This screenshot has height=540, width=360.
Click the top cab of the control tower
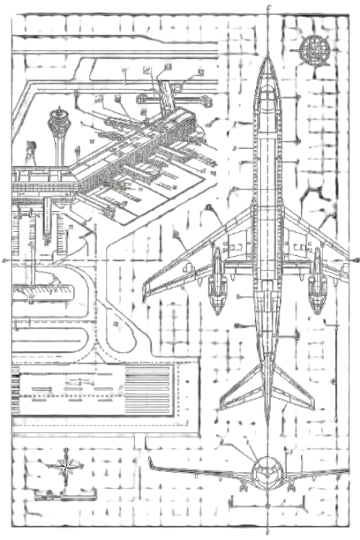(59, 114)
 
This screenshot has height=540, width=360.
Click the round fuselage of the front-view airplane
(266, 473)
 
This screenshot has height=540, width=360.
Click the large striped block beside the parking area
(147, 387)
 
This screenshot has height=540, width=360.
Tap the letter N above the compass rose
(65, 451)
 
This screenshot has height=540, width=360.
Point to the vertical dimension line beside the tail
(334, 379)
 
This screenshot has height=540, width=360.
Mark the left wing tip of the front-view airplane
(150, 461)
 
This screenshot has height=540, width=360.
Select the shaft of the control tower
(59, 141)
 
